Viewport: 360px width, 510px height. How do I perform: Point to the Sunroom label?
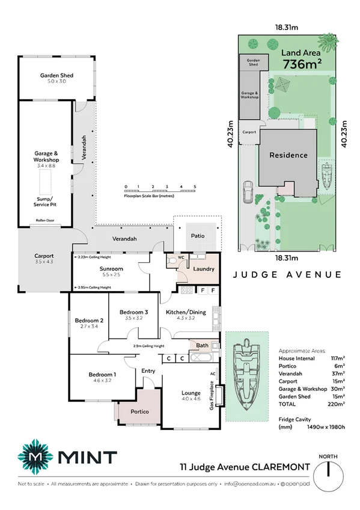point(112,269)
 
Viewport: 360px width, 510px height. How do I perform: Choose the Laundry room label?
point(204,269)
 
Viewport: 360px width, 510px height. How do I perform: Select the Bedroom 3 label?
point(133,312)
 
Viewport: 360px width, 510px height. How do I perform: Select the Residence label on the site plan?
point(288,155)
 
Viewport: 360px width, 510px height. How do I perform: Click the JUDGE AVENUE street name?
point(287,274)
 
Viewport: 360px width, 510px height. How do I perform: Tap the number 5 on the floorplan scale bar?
point(195,187)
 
